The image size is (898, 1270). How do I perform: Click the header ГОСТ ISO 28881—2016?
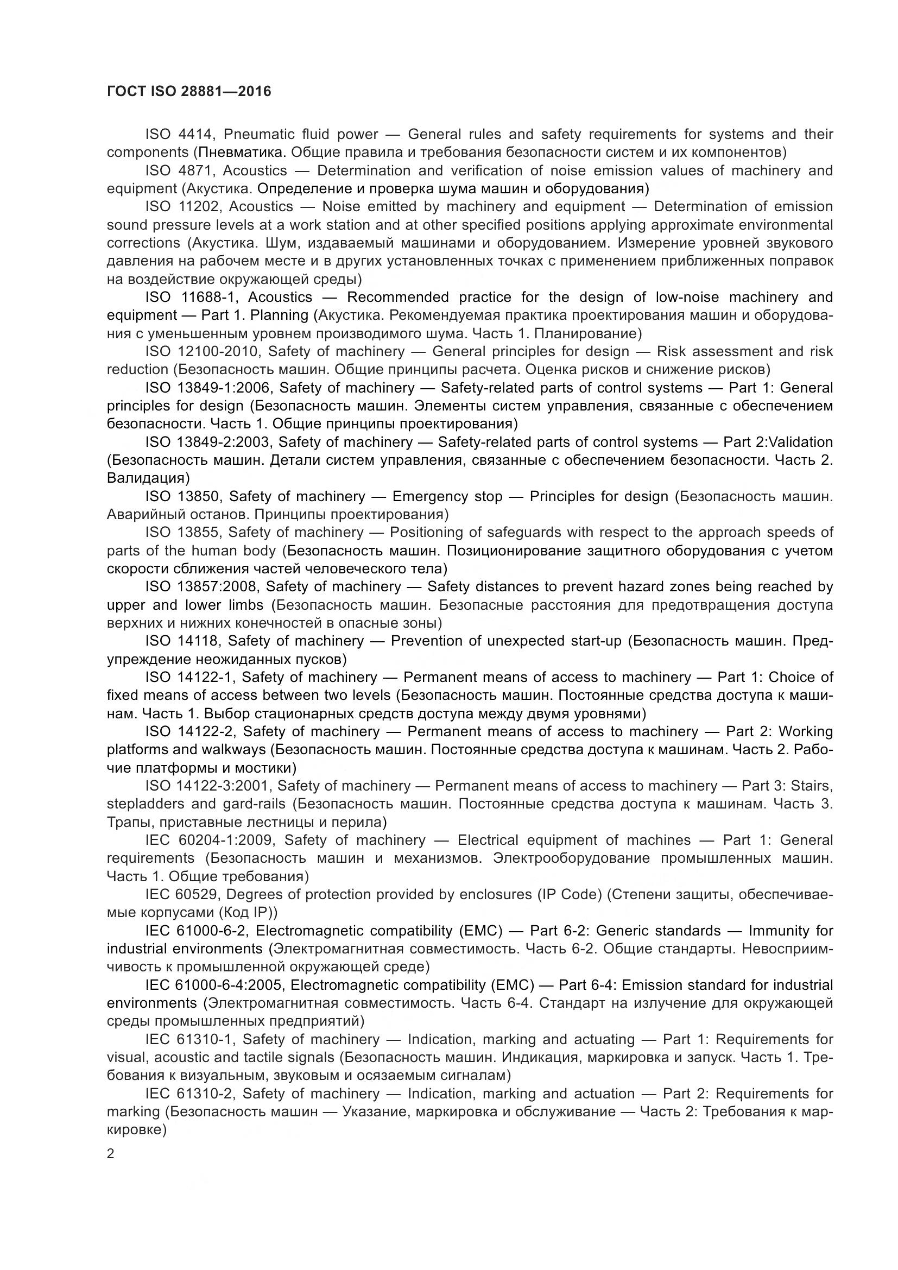pyautogui.click(x=188, y=92)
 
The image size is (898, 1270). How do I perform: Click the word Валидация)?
pyautogui.click(x=148, y=478)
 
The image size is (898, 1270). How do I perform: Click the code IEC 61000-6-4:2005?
pyautogui.click(x=213, y=985)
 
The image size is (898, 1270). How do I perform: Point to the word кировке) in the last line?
pyautogui.click(x=137, y=1130)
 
